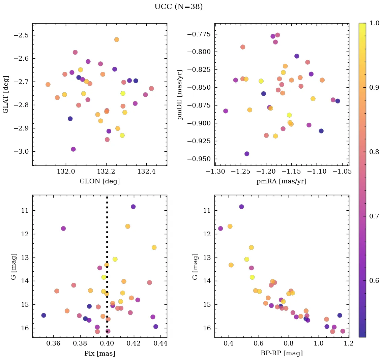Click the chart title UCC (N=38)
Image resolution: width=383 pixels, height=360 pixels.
(x=178, y=7)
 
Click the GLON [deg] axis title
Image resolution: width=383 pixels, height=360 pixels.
(x=99, y=181)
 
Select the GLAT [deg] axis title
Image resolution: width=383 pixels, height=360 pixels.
(x=6, y=94)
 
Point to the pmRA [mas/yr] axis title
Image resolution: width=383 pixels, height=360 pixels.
(x=282, y=181)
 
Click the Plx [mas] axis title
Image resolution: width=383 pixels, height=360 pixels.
(x=99, y=353)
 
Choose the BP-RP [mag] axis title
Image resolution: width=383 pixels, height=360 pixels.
(x=282, y=353)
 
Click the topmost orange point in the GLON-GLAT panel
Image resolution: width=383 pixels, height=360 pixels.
(x=117, y=39)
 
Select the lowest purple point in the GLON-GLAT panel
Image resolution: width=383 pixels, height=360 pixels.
(x=73, y=149)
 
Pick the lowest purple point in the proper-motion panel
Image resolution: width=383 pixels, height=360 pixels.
(x=247, y=154)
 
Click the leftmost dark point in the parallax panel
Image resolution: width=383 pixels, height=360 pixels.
(x=43, y=315)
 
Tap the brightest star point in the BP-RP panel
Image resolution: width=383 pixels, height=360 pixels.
(x=241, y=207)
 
